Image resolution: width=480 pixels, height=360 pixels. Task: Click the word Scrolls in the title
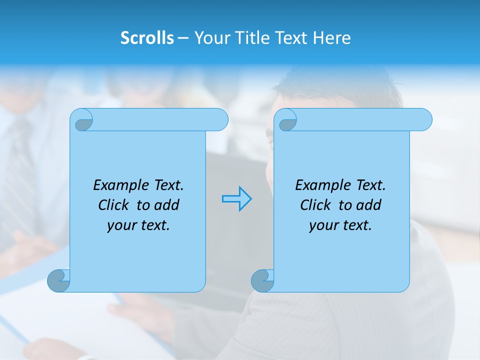[147, 38]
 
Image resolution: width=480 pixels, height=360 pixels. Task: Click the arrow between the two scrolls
[236, 199]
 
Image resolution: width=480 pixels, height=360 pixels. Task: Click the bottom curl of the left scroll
[58, 280]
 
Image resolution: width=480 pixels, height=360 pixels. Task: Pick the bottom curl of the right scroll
[262, 280]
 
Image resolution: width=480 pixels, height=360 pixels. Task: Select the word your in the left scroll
[120, 225]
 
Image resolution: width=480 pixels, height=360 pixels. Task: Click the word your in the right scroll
[322, 225]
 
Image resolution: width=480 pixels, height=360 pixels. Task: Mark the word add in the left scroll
[167, 205]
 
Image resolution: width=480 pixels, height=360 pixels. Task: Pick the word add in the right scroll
[369, 205]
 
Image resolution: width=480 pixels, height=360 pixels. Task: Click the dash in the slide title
[183, 38]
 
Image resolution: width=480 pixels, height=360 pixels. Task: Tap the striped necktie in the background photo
[20, 165]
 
